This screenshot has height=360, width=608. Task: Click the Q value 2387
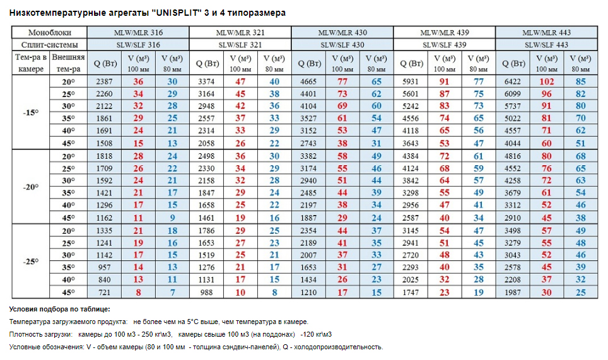[x=104, y=82]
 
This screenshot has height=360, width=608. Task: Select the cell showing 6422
[x=513, y=82]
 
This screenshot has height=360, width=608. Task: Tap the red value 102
[x=546, y=82]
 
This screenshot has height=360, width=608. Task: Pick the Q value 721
[x=104, y=293]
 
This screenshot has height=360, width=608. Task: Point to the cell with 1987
[x=513, y=293]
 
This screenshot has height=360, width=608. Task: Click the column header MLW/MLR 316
[x=137, y=33]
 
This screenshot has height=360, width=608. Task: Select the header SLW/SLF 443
[x=546, y=45]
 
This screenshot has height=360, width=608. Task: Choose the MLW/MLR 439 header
[x=444, y=33]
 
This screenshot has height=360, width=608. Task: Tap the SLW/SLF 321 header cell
[x=240, y=45]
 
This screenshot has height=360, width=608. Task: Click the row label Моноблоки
[x=50, y=33]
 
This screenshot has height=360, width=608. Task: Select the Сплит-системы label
[x=50, y=45]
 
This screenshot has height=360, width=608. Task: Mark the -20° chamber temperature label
[x=30, y=187]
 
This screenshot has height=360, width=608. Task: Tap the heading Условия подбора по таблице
[x=60, y=309]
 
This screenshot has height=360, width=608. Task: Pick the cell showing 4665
[x=308, y=82]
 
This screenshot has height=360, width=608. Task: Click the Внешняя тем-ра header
[x=67, y=63]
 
